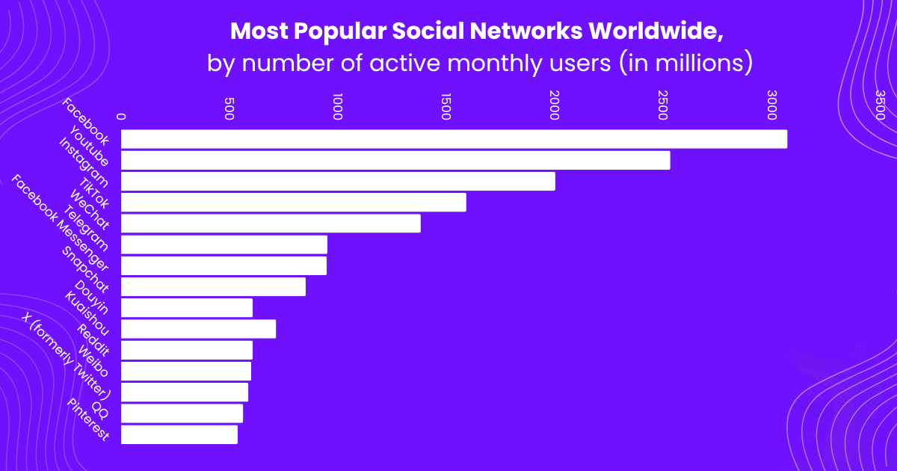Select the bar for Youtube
[395, 160]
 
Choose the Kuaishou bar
[198, 328]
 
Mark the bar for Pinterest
[179, 434]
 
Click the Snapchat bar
[213, 286]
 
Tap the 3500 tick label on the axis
[880, 105]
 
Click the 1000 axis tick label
[337, 106]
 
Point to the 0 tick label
[121, 116]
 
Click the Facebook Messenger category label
[61, 224]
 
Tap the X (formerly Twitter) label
[67, 355]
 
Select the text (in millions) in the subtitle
[684, 63]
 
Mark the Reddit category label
[93, 339]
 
